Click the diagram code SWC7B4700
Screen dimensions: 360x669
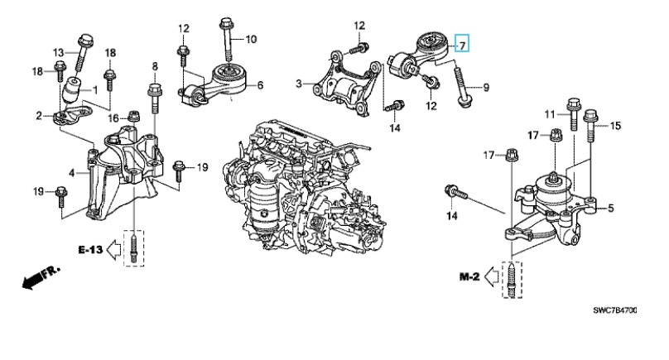[x=615, y=311]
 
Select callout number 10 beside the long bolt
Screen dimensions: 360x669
[x=251, y=39]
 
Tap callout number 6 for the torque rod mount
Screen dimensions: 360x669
[x=260, y=85]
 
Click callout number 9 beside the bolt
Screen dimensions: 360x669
[x=486, y=86]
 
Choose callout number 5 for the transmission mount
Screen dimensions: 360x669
[x=611, y=209]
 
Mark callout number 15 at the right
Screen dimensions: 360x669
[x=615, y=126]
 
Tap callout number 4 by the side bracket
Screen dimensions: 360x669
[x=71, y=173]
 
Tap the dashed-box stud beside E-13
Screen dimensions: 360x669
[x=132, y=247]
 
